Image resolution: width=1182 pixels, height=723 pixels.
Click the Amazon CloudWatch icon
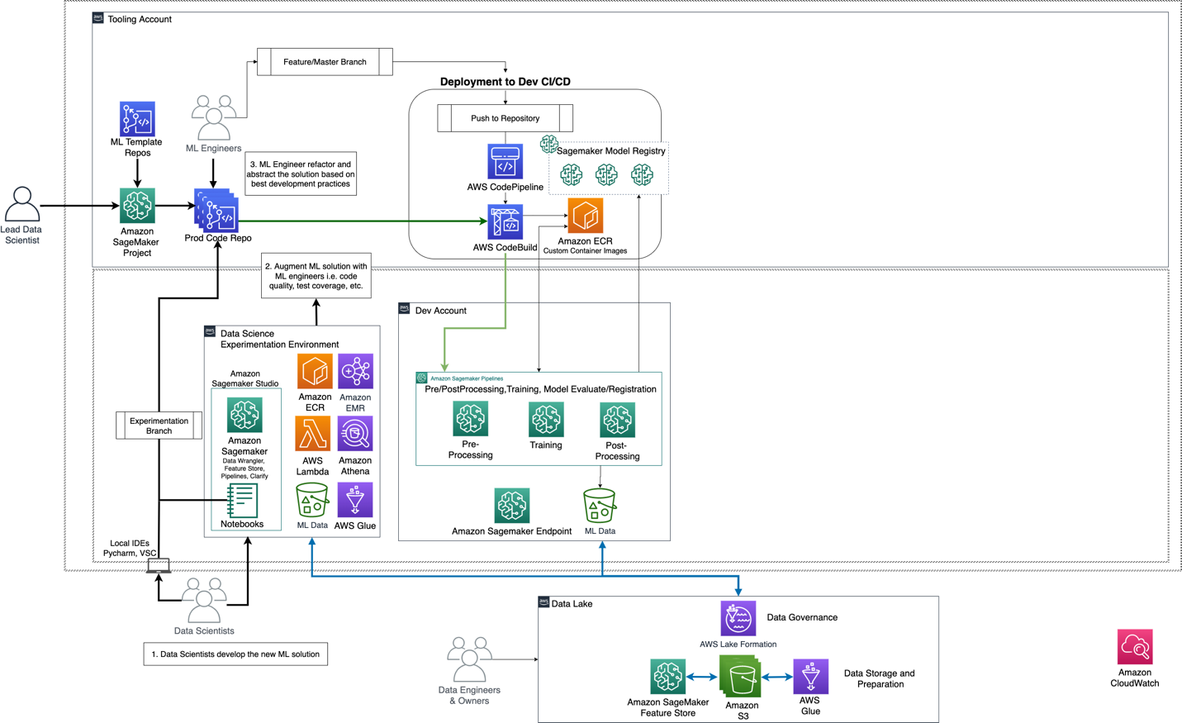pyautogui.click(x=1135, y=647)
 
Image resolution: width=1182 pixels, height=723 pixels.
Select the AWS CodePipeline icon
pyautogui.click(x=505, y=162)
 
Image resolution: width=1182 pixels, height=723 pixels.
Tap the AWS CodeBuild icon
pyautogui.click(x=505, y=222)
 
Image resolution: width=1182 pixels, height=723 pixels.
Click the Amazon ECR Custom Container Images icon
pyautogui.click(x=585, y=216)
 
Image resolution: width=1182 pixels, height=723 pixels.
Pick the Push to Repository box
pyautogui.click(x=505, y=118)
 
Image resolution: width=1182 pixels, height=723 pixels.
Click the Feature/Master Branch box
pyautogui.click(x=325, y=62)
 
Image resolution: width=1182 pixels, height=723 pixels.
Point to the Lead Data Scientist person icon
pyautogui.click(x=22, y=204)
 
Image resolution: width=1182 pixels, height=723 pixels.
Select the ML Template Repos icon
pyautogui.click(x=137, y=119)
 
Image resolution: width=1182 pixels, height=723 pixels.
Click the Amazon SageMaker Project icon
pyautogui.click(x=137, y=206)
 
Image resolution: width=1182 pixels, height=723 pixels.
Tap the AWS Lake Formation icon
pyautogui.click(x=738, y=619)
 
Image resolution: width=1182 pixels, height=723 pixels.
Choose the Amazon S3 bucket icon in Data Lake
pyautogui.click(x=741, y=677)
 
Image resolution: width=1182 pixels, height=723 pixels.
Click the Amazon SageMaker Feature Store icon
pyautogui.click(x=667, y=677)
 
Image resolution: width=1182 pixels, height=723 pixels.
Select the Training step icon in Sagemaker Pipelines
pyautogui.click(x=546, y=420)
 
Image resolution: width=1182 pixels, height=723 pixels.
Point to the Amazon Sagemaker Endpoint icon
pyautogui.click(x=512, y=506)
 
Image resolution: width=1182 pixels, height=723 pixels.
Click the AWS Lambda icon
pyautogui.click(x=313, y=435)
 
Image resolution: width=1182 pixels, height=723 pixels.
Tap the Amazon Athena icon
pyautogui.click(x=355, y=435)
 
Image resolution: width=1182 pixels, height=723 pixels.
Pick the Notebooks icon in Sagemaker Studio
pyautogui.click(x=242, y=501)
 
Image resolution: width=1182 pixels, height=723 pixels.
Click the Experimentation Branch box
pyautogui.click(x=159, y=426)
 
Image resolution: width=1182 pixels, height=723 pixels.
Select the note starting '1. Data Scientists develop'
pyautogui.click(x=235, y=654)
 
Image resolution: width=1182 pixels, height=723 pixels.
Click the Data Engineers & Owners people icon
pyautogui.click(x=469, y=659)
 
